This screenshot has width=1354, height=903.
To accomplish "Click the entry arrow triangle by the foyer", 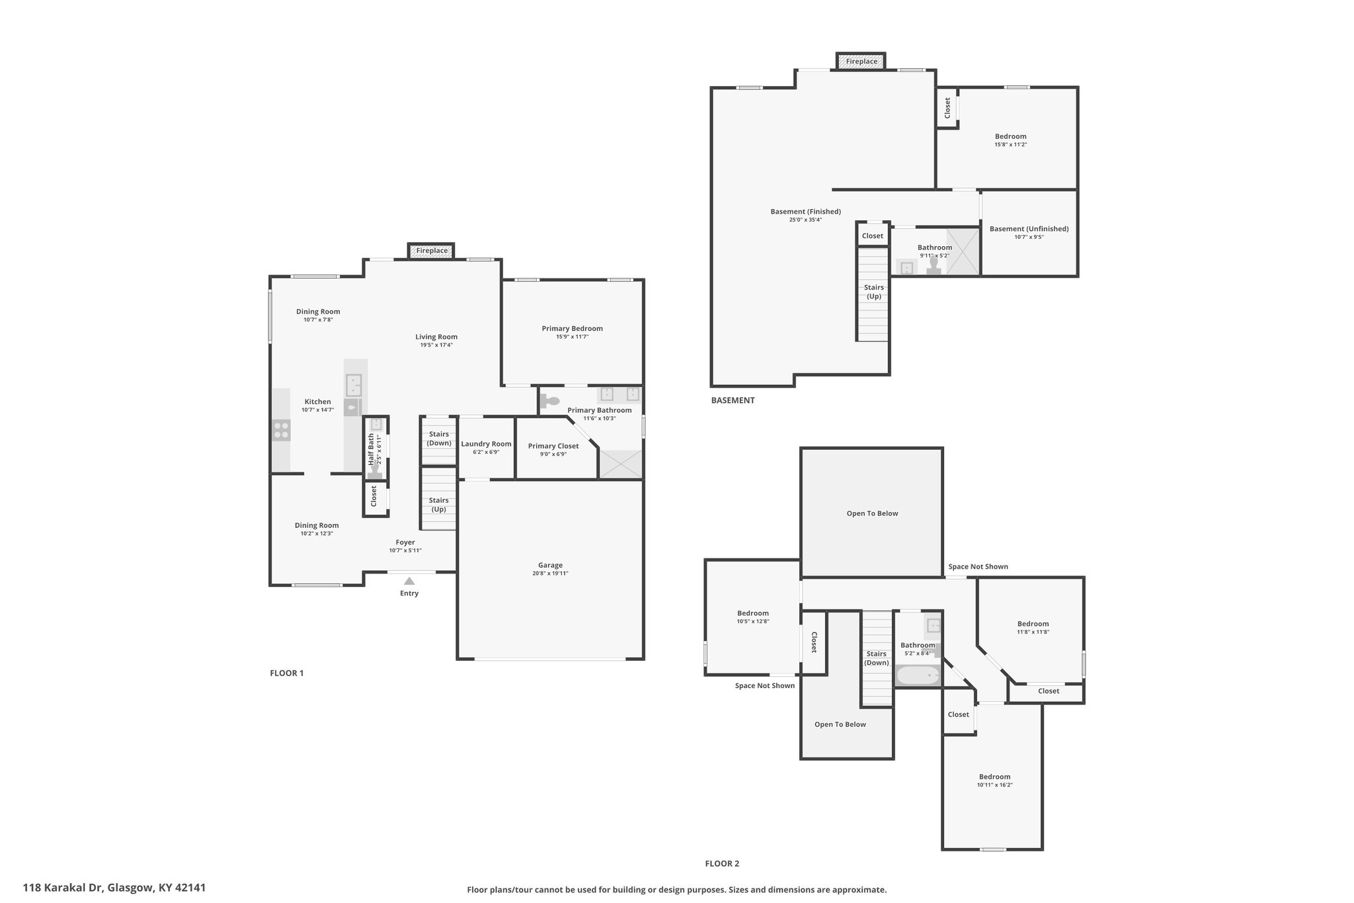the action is (x=409, y=581).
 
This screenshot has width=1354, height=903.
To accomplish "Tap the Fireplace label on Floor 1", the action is (x=432, y=251).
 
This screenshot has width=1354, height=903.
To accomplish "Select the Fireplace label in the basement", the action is (x=861, y=62).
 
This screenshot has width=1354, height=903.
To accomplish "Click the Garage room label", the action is (x=550, y=565).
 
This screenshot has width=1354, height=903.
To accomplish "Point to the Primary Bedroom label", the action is (x=572, y=328).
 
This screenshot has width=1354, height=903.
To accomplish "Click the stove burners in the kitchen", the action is (x=281, y=431).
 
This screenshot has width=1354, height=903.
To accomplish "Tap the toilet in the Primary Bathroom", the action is (x=549, y=401).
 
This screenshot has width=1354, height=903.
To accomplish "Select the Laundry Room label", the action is (x=486, y=444).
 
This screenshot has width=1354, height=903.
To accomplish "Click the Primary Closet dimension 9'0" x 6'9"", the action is (x=553, y=454).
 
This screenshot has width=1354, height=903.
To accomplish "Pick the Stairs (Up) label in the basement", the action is (x=873, y=292).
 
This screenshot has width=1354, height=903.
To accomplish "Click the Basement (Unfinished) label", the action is (x=1029, y=229).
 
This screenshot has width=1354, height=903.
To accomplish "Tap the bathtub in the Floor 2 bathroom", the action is (x=917, y=676).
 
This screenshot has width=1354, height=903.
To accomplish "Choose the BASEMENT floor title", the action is (x=733, y=400).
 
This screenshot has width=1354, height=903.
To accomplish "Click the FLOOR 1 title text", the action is (x=286, y=673).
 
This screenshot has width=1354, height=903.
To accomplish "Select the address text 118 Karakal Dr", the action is (x=63, y=887).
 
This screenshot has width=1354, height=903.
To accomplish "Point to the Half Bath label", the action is (x=371, y=451).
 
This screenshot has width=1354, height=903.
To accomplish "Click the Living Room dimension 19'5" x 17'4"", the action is (x=436, y=345).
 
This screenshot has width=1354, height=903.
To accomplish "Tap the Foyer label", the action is (x=405, y=542).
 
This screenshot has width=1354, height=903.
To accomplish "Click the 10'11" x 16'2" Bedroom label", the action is (x=994, y=781).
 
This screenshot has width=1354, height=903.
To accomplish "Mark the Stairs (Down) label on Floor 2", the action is (x=876, y=658).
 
